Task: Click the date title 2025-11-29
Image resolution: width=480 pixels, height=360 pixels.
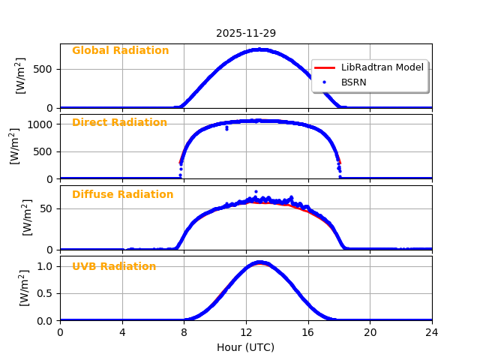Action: pyautogui.click(x=246, y=34)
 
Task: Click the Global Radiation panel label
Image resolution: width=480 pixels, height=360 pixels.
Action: pyautogui.click(x=120, y=51)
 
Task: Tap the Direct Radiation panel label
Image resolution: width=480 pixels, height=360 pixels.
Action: pyautogui.click(x=119, y=123)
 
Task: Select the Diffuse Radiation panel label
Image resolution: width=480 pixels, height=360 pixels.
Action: pyautogui.click(x=122, y=195)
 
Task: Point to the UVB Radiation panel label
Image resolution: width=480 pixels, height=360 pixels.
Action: pyautogui.click(x=114, y=267)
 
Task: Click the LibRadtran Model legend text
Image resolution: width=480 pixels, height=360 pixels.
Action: pyautogui.click(x=382, y=67)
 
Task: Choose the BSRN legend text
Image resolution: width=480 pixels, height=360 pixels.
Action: pyautogui.click(x=353, y=82)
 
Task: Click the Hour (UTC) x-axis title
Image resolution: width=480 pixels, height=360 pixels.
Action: pyautogui.click(x=246, y=348)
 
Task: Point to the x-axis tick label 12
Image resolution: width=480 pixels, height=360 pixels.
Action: pyautogui.click(x=246, y=333)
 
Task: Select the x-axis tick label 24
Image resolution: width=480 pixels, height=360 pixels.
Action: pyautogui.click(x=432, y=333)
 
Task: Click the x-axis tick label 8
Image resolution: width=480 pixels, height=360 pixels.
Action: pyautogui.click(x=184, y=333)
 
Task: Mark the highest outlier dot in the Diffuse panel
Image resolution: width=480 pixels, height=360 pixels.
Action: pyautogui.click(x=256, y=191)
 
